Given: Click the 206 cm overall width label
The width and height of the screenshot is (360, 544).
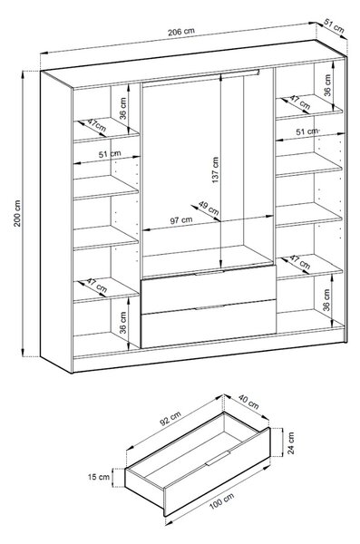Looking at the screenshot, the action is [x=181, y=32].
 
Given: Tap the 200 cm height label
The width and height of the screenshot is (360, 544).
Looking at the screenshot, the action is [x=17, y=213].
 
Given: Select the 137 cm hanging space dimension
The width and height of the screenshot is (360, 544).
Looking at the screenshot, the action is [x=215, y=170].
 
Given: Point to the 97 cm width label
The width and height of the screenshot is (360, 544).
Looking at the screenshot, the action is [x=180, y=220].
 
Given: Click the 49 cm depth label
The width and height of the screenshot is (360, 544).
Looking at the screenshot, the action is [x=209, y=208].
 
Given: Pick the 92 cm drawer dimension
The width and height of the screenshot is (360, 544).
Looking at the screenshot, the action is [x=170, y=418].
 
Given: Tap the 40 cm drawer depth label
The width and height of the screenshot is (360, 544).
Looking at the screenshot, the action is [x=248, y=402].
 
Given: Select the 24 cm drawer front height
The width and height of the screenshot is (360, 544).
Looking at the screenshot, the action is [x=291, y=443].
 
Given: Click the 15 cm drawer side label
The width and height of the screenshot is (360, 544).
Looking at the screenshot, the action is [x=99, y=477].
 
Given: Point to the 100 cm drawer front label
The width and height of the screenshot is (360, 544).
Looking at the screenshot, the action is [x=221, y=501].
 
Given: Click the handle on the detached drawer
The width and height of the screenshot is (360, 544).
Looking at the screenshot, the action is [x=218, y=458].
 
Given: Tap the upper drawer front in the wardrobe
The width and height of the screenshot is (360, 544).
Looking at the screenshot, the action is [x=209, y=290].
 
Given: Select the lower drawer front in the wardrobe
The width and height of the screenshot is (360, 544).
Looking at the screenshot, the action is [x=209, y=324].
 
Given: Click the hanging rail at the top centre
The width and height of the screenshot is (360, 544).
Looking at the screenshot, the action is [x=200, y=76].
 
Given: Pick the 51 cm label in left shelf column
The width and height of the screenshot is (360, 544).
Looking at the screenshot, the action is [x=110, y=154].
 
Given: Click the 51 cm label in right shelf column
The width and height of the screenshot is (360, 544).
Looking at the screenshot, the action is [x=306, y=131].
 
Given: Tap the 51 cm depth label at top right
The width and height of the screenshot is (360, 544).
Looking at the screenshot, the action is [x=334, y=26].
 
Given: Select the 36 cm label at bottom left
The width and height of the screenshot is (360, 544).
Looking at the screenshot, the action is [x=123, y=322].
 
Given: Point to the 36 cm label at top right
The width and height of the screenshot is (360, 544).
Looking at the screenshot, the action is [x=327, y=85].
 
